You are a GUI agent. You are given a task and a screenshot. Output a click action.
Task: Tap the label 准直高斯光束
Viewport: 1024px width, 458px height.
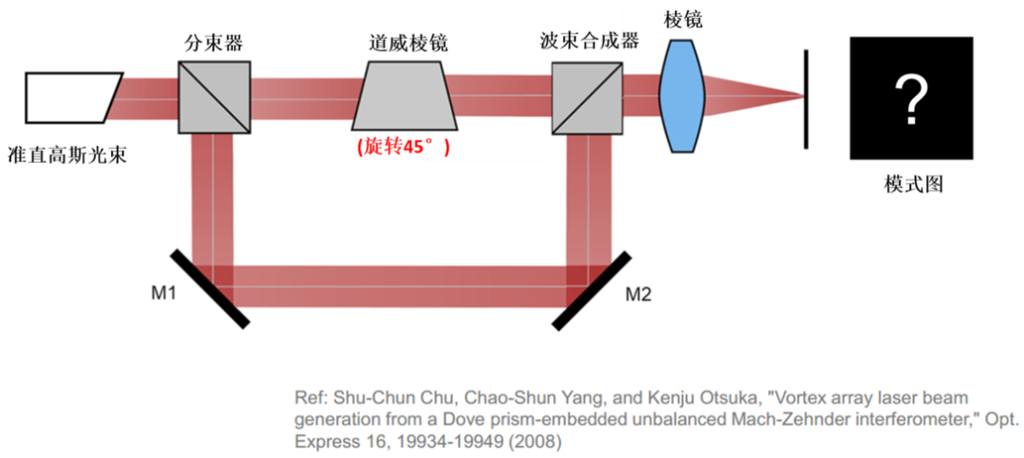click(66, 154)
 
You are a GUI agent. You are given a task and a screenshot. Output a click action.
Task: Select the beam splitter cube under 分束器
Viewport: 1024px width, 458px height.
click(214, 97)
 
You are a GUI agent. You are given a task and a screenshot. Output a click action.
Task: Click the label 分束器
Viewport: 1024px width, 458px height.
click(213, 45)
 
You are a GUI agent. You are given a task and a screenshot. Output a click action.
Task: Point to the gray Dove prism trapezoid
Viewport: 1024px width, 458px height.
click(404, 97)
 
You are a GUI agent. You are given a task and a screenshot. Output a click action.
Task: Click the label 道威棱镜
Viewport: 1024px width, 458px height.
click(408, 45)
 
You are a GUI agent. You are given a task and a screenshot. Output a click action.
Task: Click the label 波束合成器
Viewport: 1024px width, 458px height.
click(587, 43)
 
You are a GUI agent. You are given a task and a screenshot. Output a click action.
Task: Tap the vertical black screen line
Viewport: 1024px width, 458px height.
click(807, 99)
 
